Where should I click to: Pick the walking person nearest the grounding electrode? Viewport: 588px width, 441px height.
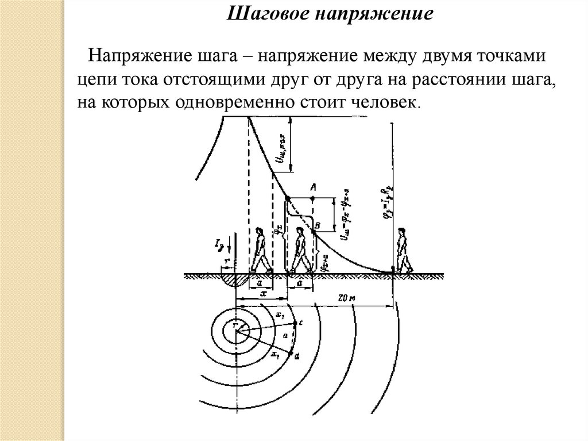coord(260,250)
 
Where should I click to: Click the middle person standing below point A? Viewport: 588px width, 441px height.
coord(299,250)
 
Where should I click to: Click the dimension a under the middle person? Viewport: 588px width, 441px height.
coord(300,283)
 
